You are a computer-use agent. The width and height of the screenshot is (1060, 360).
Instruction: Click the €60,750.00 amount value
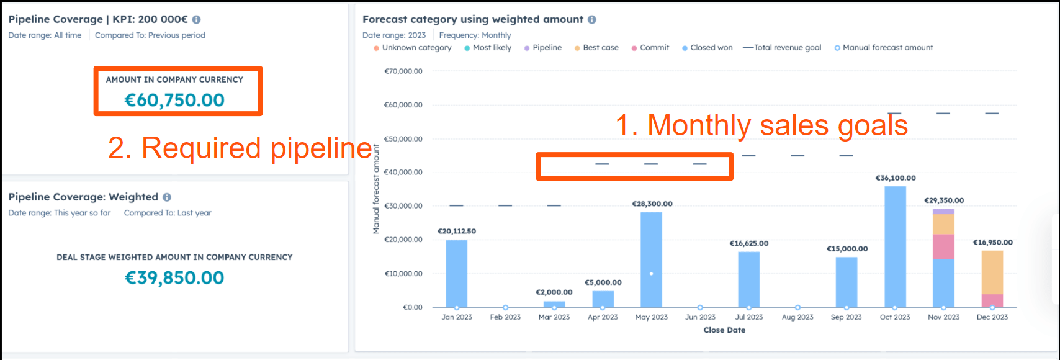(174, 100)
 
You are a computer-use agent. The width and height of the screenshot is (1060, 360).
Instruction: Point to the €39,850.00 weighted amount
(174, 277)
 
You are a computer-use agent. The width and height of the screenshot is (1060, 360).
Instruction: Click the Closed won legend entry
(711, 48)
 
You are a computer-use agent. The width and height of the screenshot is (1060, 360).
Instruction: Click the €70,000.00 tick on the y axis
(403, 71)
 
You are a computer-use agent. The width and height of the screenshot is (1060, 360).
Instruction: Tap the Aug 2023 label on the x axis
(797, 317)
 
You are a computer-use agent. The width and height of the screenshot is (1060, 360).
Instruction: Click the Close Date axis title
(724, 330)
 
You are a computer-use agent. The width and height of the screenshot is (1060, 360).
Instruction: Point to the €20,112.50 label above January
(457, 232)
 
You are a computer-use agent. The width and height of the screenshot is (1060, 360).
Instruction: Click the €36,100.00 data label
(895, 178)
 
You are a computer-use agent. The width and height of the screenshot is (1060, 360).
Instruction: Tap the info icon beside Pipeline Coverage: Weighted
(167, 197)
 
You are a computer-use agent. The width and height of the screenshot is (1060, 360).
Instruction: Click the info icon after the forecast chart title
(592, 20)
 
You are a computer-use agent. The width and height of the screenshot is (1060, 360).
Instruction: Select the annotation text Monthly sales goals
(761, 125)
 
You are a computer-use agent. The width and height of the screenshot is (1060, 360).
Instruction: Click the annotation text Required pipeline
(240, 148)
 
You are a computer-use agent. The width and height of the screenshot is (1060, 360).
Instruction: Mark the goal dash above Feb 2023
(505, 205)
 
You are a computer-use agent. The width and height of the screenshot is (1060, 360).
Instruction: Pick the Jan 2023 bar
(457, 273)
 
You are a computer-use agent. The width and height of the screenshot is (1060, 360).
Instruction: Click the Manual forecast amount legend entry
(887, 48)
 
